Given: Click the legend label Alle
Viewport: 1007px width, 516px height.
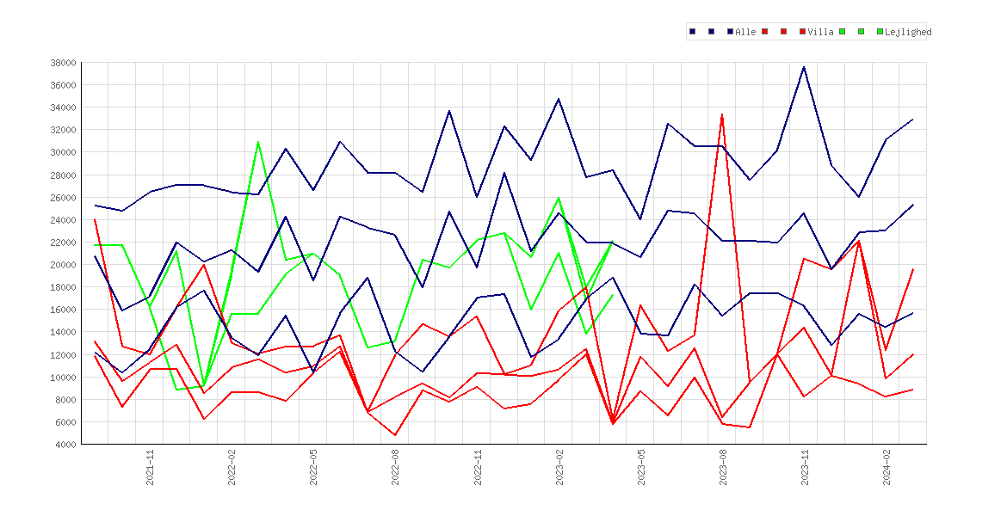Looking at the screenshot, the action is (745, 32).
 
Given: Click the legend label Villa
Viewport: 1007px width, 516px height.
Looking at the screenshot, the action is (821, 32).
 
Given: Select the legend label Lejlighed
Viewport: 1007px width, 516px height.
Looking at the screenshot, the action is (908, 32).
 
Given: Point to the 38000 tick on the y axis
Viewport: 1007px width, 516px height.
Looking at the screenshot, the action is (63, 63).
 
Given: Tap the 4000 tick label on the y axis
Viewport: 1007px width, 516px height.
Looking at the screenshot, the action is (65, 444).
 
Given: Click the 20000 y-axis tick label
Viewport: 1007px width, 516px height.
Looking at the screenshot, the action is (63, 264).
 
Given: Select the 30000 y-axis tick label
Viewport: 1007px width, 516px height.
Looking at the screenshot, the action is (63, 153).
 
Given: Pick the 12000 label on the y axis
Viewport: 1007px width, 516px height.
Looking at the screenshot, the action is (63, 355).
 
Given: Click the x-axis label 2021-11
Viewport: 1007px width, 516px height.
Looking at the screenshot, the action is (150, 468).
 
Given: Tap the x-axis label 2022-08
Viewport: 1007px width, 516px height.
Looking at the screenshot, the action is (395, 468).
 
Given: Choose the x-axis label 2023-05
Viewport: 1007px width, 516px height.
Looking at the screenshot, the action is (640, 468).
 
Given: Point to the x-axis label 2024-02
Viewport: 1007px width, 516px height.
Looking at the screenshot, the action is (887, 468).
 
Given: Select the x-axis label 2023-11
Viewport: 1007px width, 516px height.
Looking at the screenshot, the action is (804, 468).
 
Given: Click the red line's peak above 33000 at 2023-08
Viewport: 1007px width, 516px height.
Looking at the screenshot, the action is (722, 115).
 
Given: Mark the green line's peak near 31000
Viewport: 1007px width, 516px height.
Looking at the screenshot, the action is (258, 142).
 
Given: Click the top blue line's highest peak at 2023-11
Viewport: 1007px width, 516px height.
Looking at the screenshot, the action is (803, 67).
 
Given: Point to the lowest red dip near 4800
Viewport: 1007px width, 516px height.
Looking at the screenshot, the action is (395, 435).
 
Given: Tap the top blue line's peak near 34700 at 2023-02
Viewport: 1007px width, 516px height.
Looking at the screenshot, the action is (558, 99).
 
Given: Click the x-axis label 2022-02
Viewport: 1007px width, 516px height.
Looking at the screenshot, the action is (232, 468).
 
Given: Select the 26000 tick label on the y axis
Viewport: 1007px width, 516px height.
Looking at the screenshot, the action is (63, 198).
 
